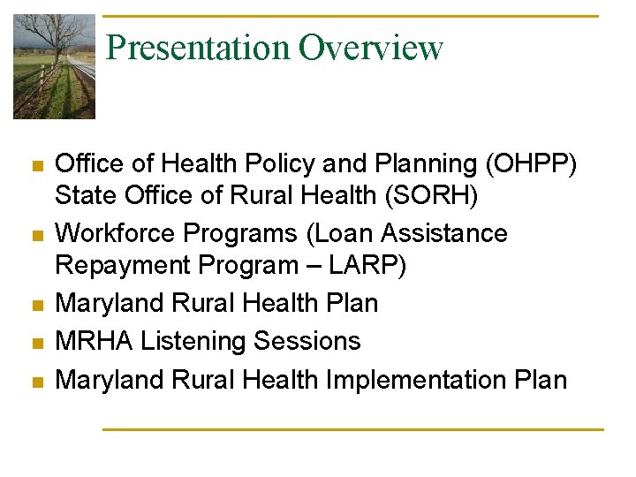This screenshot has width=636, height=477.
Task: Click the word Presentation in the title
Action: click(x=198, y=47)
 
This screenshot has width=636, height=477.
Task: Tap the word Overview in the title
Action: click(x=370, y=47)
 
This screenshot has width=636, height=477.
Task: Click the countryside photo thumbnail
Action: click(x=54, y=67)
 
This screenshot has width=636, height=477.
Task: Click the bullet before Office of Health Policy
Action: click(x=36, y=165)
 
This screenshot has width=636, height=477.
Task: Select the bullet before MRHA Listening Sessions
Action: click(x=36, y=343)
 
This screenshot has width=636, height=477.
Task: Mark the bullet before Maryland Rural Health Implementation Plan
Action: click(x=36, y=382)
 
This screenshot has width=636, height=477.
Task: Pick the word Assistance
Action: click(x=449, y=234)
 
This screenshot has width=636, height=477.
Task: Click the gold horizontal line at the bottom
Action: click(x=352, y=429)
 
